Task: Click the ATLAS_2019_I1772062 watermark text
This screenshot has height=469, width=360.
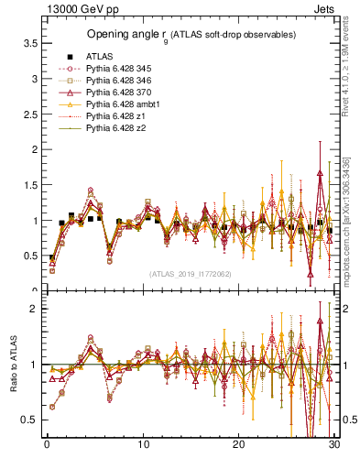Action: click(x=191, y=274)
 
